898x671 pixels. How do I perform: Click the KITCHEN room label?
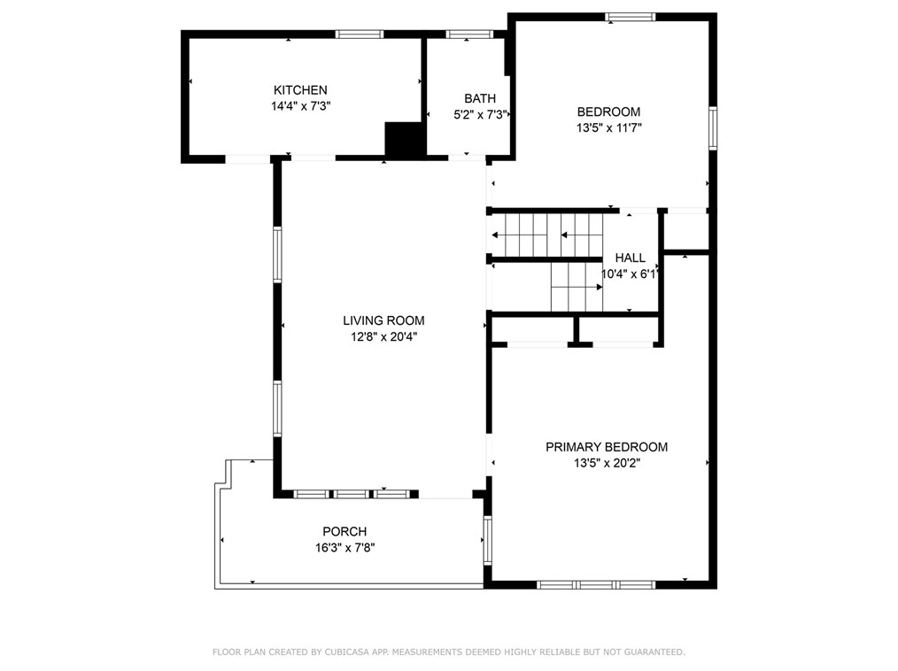tap(300, 90)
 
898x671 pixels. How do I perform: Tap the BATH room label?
tap(480, 98)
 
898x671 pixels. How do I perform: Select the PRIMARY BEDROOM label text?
tap(607, 447)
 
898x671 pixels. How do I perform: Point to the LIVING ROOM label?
tap(383, 320)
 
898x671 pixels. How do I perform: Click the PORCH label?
tap(344, 531)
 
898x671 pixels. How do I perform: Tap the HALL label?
tap(630, 258)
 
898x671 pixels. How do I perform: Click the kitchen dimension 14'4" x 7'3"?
tap(301, 106)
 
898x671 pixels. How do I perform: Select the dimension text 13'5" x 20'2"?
tap(607, 463)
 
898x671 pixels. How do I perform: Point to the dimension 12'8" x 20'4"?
tap(383, 336)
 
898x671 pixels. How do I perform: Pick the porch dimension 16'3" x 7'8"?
tap(344, 548)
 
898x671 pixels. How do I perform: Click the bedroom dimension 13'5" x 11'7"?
tap(608, 127)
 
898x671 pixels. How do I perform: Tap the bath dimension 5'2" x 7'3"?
tap(481, 114)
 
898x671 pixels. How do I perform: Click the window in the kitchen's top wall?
tap(360, 35)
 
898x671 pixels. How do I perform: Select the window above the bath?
tap(469, 35)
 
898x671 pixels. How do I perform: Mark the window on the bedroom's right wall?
tap(713, 128)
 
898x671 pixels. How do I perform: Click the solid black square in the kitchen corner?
tap(404, 139)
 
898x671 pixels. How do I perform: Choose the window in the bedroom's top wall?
tap(631, 17)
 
